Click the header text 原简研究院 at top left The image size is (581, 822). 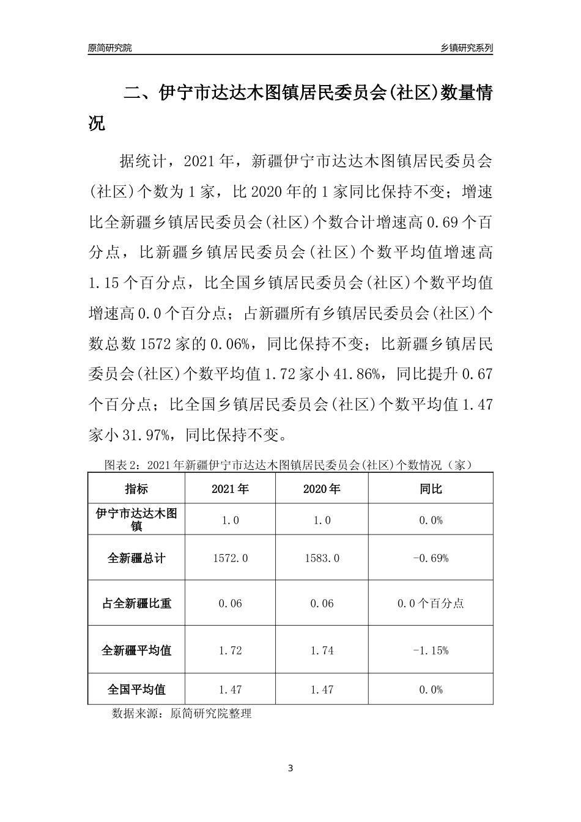coord(109,48)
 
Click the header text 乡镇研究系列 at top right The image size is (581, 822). coord(467,48)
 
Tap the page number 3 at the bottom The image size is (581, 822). coord(290,768)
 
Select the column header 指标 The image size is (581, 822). coord(136,489)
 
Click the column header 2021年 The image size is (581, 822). coord(230,489)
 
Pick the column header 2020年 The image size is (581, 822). coord(322,489)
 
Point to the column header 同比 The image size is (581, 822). coord(431,489)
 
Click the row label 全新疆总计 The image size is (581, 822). coord(136,558)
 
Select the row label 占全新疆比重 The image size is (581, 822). coord(136,603)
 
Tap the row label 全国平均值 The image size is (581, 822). coord(136,689)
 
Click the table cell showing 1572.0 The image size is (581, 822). coord(230,558)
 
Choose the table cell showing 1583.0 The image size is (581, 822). coord(322,558)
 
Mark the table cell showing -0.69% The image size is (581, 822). coord(431,558)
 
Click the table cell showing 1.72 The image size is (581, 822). coord(230,650)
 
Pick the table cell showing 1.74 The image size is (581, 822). coord(322,650)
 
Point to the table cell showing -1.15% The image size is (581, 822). coord(431,650)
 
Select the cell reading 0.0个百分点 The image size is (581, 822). coord(431,603)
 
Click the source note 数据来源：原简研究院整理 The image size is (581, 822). coord(182,713)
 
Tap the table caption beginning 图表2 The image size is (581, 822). coord(290,465)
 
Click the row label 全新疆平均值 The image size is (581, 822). coord(136,650)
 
